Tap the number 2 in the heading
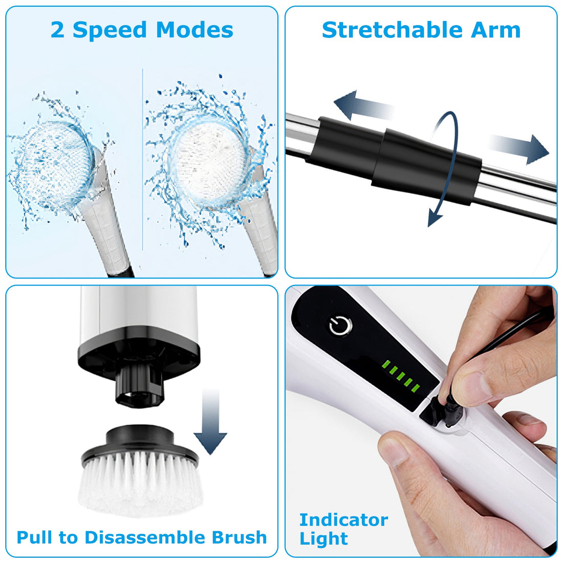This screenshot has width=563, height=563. [57, 30]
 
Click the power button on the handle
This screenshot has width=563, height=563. [340, 325]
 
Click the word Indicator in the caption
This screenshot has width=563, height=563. [343, 519]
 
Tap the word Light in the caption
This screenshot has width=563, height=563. [323, 538]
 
